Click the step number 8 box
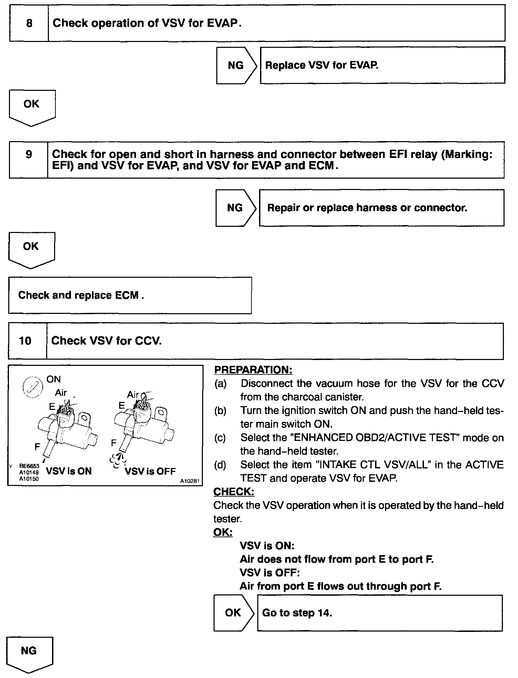[x=29, y=23]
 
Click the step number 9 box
[x=29, y=159]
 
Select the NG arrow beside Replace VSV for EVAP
[x=236, y=65]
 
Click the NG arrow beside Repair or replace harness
[x=236, y=208]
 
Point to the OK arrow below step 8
[x=32, y=107]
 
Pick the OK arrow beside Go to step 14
[x=233, y=613]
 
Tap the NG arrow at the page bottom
[x=29, y=653]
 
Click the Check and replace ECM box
[x=130, y=295]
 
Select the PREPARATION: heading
[x=253, y=370]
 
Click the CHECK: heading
[x=234, y=492]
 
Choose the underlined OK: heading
[x=223, y=532]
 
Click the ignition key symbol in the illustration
[x=32, y=388]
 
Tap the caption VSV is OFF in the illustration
[x=150, y=471]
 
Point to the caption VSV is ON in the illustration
[x=69, y=471]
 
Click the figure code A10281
[x=190, y=481]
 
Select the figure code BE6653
[x=29, y=466]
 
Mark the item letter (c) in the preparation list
[x=220, y=438]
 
